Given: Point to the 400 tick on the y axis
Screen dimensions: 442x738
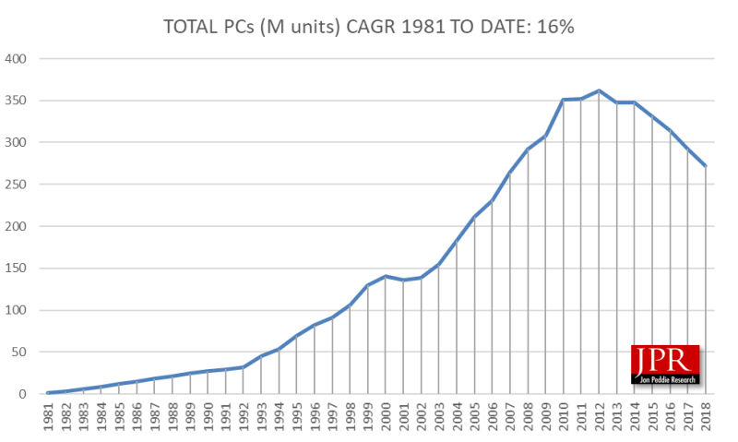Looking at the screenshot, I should [x=18, y=59].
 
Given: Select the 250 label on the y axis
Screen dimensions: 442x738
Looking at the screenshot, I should [x=18, y=185].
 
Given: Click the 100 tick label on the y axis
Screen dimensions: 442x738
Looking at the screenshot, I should [x=18, y=310].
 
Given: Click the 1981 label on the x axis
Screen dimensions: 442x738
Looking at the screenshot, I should [x=48, y=413].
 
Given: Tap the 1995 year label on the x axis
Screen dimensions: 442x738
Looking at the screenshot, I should [x=297, y=413].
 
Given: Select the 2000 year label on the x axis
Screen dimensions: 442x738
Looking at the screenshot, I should [x=386, y=413].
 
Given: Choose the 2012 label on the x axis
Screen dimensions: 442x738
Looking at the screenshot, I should [x=599, y=413].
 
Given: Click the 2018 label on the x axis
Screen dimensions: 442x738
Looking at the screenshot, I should [x=706, y=413].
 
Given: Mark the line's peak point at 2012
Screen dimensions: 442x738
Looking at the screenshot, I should [x=599, y=90].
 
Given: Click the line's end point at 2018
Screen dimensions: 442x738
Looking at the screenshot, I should [x=706, y=166].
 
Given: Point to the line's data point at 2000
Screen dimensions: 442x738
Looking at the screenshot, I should [x=386, y=276].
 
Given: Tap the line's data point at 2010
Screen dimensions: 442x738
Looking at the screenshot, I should [x=563, y=100].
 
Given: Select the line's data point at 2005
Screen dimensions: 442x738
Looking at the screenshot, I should [x=474, y=217].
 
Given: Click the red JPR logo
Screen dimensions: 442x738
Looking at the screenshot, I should [x=664, y=360].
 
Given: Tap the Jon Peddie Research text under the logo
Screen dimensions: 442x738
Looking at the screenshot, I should [x=664, y=378].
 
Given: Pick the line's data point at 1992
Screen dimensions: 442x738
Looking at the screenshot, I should [x=244, y=367].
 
